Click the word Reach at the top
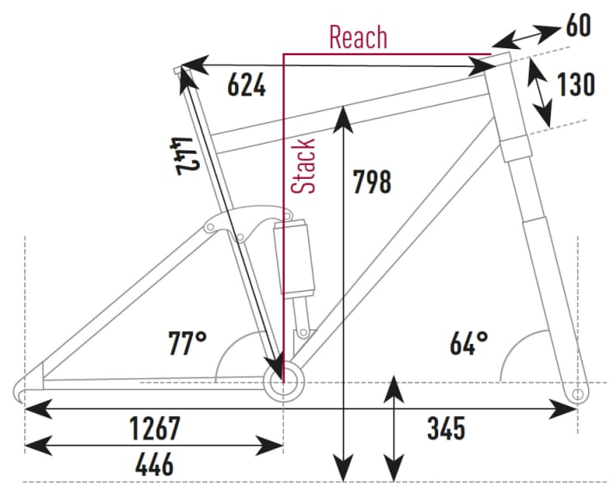coord(358,38)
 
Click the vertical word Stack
coord(304,165)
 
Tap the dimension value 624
coord(246,85)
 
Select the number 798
coord(372,181)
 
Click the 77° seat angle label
coord(187,344)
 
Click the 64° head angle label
coord(468,344)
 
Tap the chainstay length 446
coord(155,464)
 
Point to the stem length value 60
coord(578,26)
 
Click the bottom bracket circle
coord(283,382)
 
